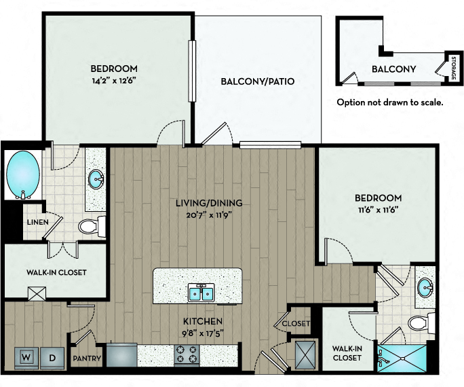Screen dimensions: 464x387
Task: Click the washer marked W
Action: pyautogui.click(x=26, y=358)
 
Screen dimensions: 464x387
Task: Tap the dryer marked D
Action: pyautogui.click(x=52, y=358)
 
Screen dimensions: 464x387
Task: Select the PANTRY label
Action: pyautogui.click(x=87, y=358)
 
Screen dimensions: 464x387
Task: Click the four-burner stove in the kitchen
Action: pyautogui.click(x=187, y=354)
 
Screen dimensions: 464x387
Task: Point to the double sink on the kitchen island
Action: pyautogui.click(x=201, y=293)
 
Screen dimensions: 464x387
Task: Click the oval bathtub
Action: pyautogui.click(x=23, y=175)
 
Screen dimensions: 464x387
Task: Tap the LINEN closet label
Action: pyautogui.click(x=38, y=222)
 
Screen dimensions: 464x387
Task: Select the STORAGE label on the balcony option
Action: pyautogui.click(x=454, y=68)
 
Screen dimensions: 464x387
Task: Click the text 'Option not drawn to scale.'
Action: pyautogui.click(x=390, y=103)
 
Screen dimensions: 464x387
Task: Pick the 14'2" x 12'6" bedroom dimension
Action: pyautogui.click(x=114, y=81)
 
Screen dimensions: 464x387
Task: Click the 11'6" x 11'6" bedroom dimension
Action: pyautogui.click(x=378, y=210)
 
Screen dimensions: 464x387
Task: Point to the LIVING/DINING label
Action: pyautogui.click(x=209, y=203)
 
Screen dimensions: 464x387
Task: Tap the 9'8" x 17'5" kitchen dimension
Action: pyautogui.click(x=203, y=333)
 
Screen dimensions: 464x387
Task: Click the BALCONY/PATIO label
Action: pyautogui.click(x=258, y=81)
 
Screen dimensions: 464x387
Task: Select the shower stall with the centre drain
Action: pyautogui.click(x=402, y=358)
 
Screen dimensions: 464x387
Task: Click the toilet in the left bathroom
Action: pyautogui.click(x=92, y=227)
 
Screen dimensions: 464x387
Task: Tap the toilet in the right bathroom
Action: pyautogui.click(x=421, y=322)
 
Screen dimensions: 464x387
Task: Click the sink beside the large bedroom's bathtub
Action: pyautogui.click(x=96, y=179)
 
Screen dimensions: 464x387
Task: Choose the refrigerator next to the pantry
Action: pyautogui.click(x=121, y=354)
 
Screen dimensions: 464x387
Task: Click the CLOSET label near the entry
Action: pyautogui.click(x=296, y=323)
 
